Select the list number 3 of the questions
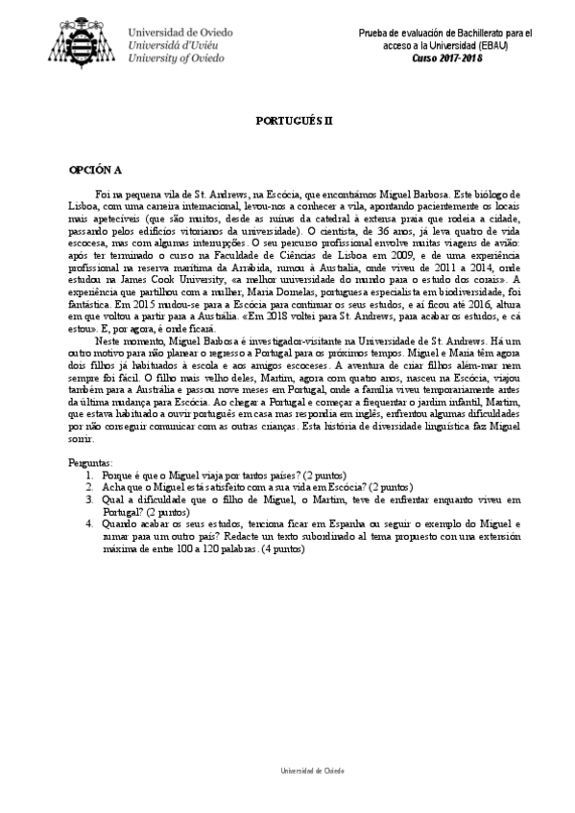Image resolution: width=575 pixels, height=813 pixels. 88,499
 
